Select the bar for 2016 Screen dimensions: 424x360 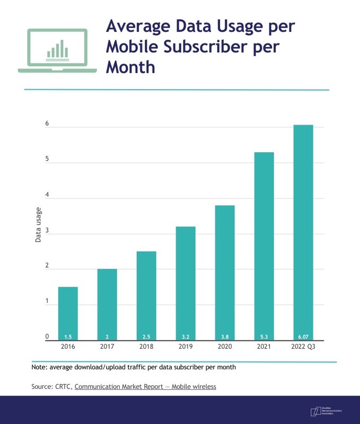click(x=68, y=313)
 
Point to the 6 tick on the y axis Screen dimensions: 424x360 click(x=47, y=124)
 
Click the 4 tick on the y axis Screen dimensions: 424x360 click(x=47, y=195)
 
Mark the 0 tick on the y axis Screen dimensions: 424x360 click(x=47, y=337)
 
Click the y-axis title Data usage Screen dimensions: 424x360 click(x=39, y=225)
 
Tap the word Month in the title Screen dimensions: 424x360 click(x=130, y=67)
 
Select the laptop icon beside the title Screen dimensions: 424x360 click(x=57, y=51)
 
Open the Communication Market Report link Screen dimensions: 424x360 click(x=145, y=387)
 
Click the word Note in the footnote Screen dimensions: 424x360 click(x=40, y=367)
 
